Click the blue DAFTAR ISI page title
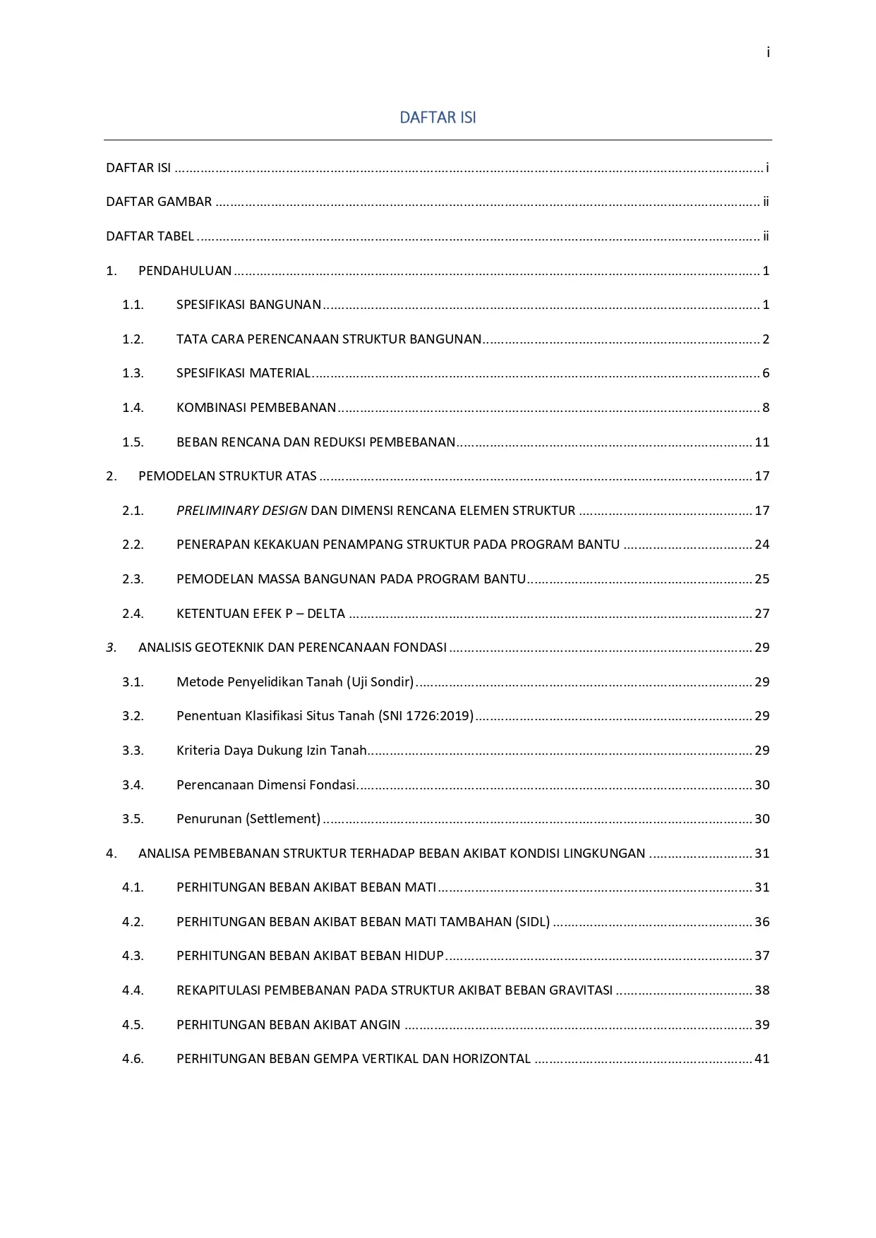click(x=438, y=117)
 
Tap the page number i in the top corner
click(x=767, y=53)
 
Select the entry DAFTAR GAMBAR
click(x=159, y=202)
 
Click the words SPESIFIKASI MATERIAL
click(x=244, y=373)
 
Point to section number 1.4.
click(x=133, y=408)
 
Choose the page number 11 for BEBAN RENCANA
click(x=762, y=442)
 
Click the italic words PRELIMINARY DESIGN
click(x=241, y=511)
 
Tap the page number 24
click(x=762, y=545)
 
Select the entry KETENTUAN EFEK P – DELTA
click(x=260, y=614)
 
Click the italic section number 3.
click(x=111, y=648)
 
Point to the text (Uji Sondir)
click(x=380, y=682)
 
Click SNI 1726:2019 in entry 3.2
click(x=426, y=716)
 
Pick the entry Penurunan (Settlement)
click(x=248, y=819)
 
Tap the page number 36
click(x=762, y=922)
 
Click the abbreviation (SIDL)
click(x=532, y=922)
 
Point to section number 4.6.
click(x=133, y=1059)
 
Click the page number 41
click(x=762, y=1059)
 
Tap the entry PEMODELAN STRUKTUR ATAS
click(x=227, y=476)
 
